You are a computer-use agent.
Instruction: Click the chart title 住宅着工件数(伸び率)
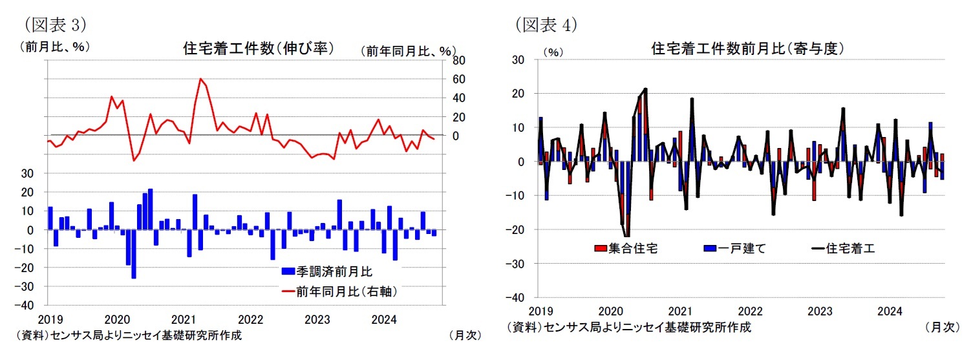(x=258, y=48)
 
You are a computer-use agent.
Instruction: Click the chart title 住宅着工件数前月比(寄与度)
(x=748, y=48)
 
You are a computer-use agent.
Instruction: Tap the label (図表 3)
(x=55, y=25)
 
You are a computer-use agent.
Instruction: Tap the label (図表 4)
(x=546, y=25)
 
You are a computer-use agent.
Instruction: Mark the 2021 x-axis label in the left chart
(x=184, y=319)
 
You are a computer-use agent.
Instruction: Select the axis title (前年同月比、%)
(x=408, y=50)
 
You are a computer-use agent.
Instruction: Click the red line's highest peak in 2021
(x=200, y=79)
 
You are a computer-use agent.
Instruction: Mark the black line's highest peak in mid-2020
(x=645, y=89)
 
